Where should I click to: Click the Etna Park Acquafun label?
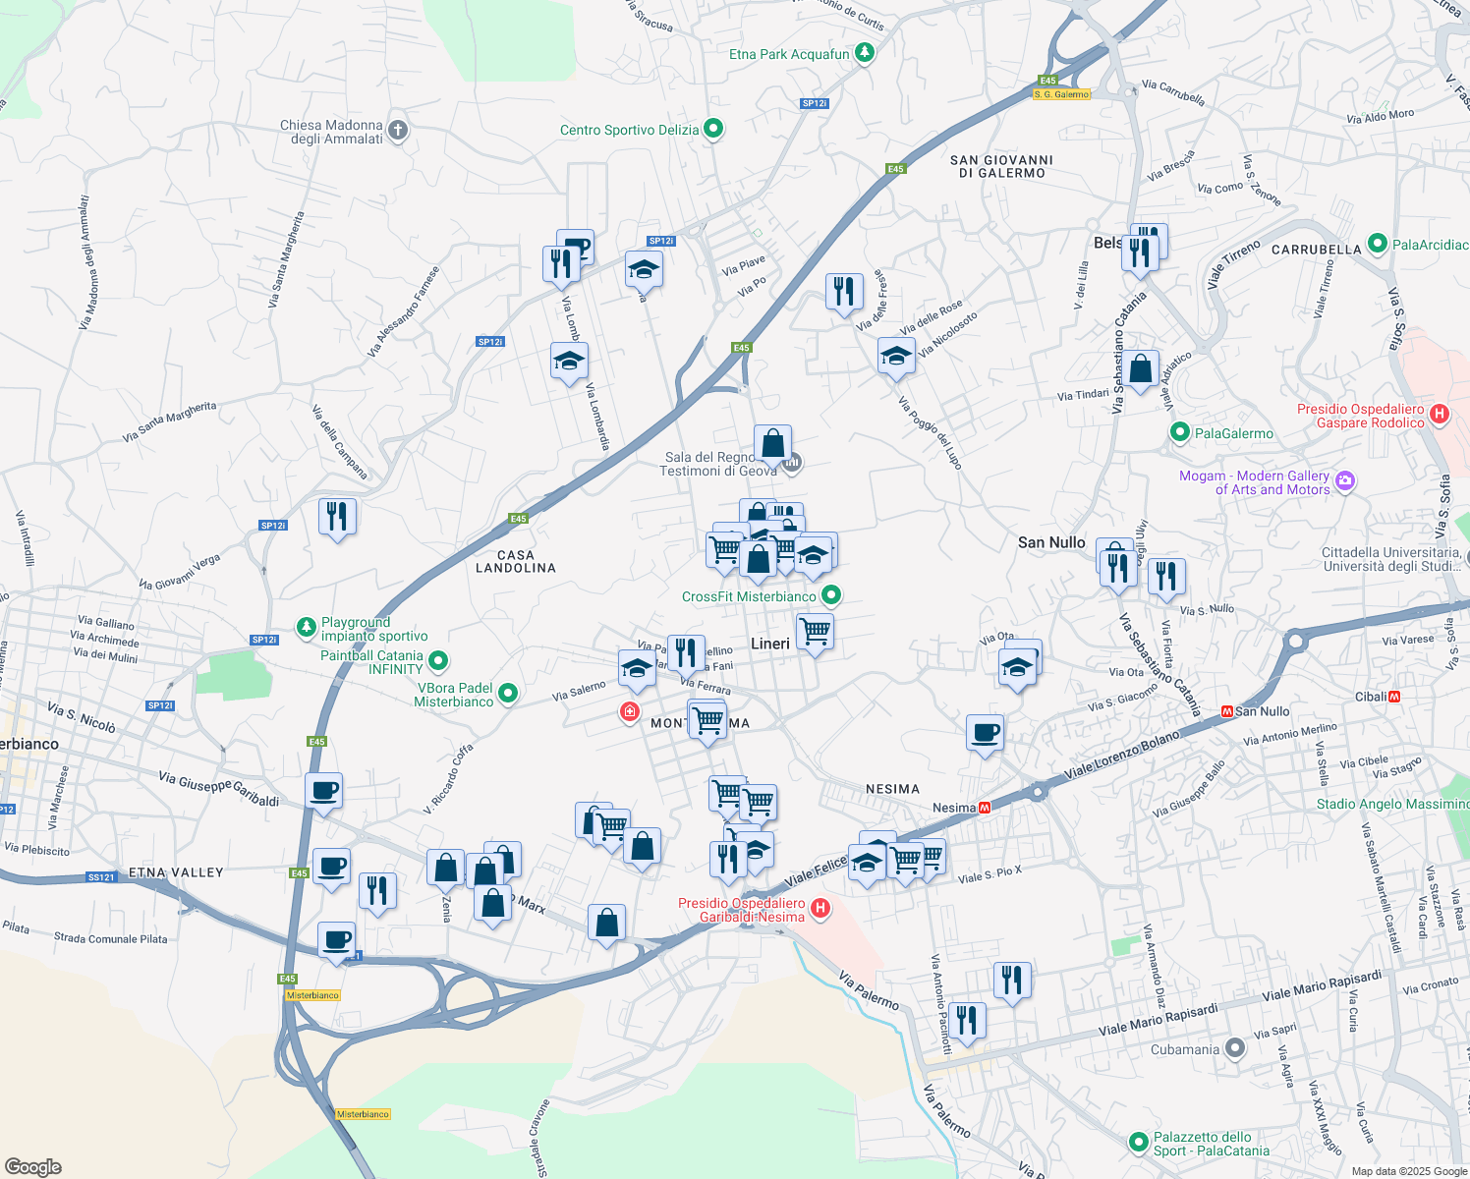tap(789, 55)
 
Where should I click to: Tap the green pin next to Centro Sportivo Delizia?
tap(714, 129)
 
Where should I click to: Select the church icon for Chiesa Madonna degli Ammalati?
tap(397, 130)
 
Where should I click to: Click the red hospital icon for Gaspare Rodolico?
tap(1440, 415)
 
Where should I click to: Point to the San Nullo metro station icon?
tap(1226, 711)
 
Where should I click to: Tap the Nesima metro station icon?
tap(985, 808)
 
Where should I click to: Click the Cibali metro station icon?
tap(1394, 697)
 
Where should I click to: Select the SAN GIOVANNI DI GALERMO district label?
tap(1001, 166)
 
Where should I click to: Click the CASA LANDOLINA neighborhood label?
tap(516, 562)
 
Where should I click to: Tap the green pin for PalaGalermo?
tap(1180, 433)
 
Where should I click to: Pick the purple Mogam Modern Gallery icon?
tap(1345, 481)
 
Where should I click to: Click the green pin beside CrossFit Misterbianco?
tap(831, 595)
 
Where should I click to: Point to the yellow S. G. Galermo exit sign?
tap(1061, 94)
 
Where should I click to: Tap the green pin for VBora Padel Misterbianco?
tap(508, 694)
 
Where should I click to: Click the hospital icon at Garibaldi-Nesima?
tap(820, 909)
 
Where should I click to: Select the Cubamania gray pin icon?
tap(1235, 1049)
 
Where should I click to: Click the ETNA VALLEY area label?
tap(176, 872)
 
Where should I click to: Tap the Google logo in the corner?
tap(33, 1166)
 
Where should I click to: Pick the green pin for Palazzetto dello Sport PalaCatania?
tap(1138, 1143)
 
